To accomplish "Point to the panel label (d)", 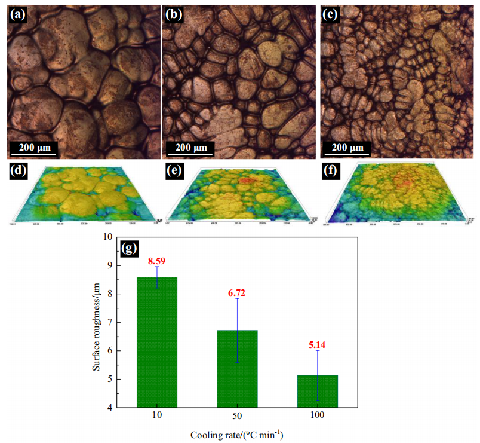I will (x=19, y=171).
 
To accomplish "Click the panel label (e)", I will (x=174, y=171).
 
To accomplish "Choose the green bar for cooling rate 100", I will (x=317, y=391).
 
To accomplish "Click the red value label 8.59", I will (x=158, y=261).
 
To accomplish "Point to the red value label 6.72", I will (x=237, y=293).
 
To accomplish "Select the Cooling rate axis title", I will (x=237, y=435).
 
